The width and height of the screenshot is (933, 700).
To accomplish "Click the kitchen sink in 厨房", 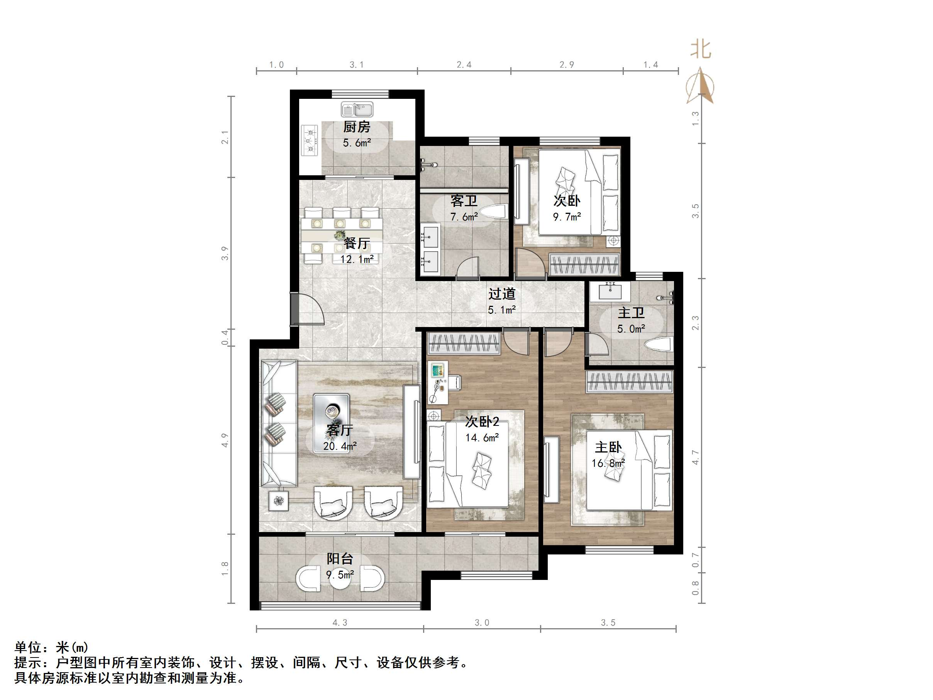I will pyautogui.click(x=357, y=110).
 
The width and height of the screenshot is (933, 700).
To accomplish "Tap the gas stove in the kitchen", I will pyautogui.click(x=309, y=140).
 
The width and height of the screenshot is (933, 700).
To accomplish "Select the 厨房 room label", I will pyautogui.click(x=356, y=127).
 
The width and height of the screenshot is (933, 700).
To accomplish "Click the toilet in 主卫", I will pyautogui.click(x=658, y=344).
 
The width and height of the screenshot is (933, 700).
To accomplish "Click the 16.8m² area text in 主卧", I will pyautogui.click(x=608, y=463).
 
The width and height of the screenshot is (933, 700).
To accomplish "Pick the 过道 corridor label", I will pyautogui.click(x=502, y=294).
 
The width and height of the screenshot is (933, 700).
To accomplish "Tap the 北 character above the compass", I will pyautogui.click(x=701, y=49).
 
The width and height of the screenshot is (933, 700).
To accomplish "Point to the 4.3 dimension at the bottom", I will pyautogui.click(x=340, y=623).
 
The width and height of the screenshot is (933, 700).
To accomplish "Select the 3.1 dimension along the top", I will pyautogui.click(x=356, y=64).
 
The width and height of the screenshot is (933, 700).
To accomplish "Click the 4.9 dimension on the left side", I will pyautogui.click(x=224, y=440).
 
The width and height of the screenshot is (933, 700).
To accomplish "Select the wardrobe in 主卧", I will pyautogui.click(x=629, y=382).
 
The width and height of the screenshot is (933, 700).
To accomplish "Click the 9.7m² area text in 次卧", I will pyautogui.click(x=567, y=217).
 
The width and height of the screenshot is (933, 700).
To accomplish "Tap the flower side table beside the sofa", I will pyautogui.click(x=278, y=501).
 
